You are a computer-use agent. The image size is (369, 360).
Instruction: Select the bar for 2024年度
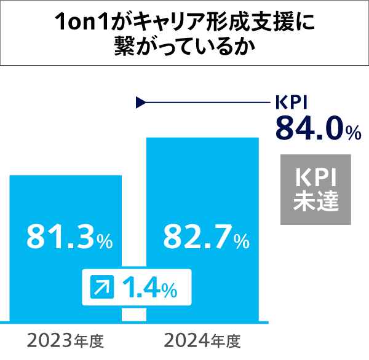click(x=202, y=184)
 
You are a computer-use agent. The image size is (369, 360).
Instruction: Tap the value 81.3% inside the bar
click(x=69, y=237)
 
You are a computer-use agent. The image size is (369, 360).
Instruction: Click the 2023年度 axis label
click(x=66, y=340)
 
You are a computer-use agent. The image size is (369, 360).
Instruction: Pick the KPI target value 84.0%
click(x=317, y=130)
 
